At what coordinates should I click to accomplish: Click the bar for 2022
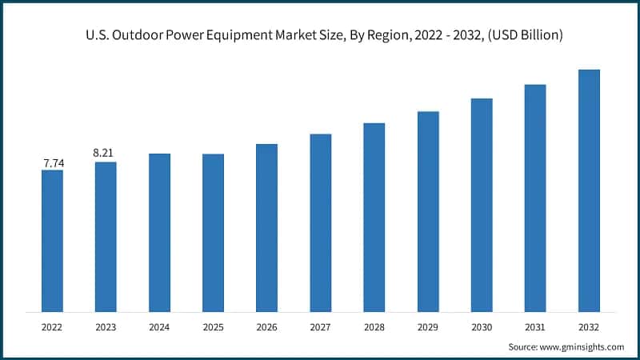(52, 240)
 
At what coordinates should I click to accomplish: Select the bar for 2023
(106, 236)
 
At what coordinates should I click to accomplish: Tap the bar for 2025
(213, 232)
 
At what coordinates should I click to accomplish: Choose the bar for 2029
(428, 211)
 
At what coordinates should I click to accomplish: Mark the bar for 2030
(482, 205)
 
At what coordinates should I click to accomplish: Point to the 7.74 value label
(53, 163)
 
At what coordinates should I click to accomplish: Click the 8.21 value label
(106, 151)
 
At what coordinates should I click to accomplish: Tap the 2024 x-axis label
(159, 327)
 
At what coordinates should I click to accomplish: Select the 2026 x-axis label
(266, 327)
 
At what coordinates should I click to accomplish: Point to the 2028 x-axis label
(374, 327)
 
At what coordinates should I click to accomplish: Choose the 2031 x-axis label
(535, 327)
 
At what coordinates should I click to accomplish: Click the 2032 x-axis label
(589, 327)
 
